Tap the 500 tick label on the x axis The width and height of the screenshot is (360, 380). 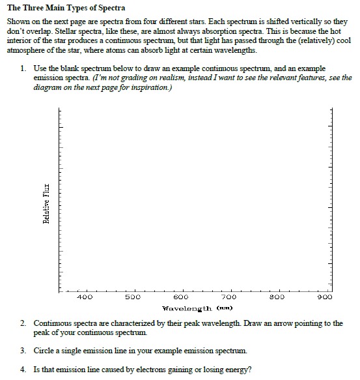pos(133,297)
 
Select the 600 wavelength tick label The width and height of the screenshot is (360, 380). pos(181,297)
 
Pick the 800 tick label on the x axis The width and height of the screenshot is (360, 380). pos(279,297)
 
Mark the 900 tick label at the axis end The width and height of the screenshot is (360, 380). pos(325,297)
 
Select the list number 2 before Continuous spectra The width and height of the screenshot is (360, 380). pos(23,323)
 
